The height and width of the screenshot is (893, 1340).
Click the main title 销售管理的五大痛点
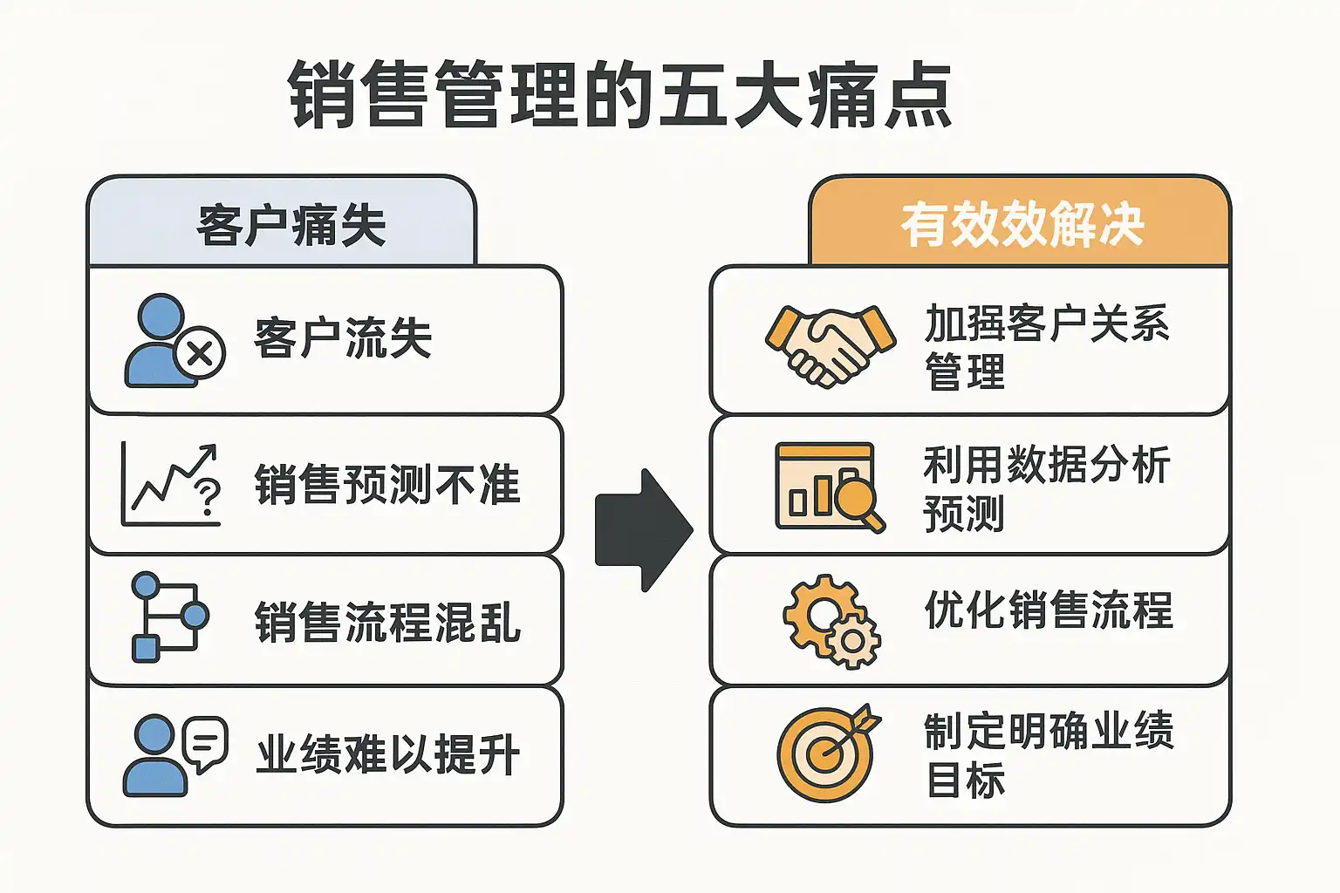coord(620,94)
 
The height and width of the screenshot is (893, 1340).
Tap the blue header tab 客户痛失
coord(282,222)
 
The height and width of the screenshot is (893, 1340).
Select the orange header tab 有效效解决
coord(1019,222)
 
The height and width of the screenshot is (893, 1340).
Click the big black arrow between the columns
coord(645,530)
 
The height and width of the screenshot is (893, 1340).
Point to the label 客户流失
coord(343,338)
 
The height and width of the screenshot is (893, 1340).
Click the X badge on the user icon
coord(199,353)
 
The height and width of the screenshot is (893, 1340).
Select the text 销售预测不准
coord(387,484)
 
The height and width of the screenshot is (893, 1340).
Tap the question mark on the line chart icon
coord(209,498)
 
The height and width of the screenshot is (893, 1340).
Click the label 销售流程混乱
coord(387,622)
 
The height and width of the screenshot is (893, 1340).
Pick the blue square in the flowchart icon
coord(146,649)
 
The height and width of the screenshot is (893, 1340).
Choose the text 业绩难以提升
coord(387,754)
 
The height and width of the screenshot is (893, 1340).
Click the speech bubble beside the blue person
coord(205,744)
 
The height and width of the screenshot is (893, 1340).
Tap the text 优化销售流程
coord(1049,610)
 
